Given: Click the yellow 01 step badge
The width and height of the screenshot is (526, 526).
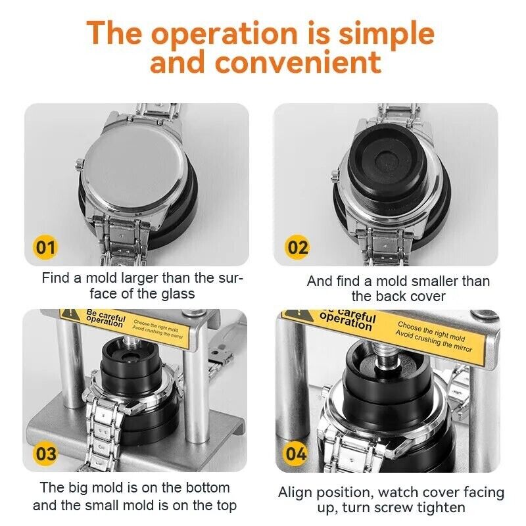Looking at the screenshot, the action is tap(45, 248).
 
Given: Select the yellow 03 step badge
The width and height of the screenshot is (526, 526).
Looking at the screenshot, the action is tap(45, 454).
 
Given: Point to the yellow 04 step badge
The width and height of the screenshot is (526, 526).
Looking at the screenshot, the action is tap(296, 454).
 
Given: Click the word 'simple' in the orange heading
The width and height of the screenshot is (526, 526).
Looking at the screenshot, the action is tap(387, 34).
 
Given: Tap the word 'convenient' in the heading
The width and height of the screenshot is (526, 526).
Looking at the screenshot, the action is tap(299, 62).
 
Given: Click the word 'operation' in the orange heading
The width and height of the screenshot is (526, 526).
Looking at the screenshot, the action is tap(224, 34).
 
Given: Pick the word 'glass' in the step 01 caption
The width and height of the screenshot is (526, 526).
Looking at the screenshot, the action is tap(178, 294).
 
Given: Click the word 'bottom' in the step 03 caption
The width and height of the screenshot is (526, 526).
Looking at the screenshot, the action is tap(208, 487).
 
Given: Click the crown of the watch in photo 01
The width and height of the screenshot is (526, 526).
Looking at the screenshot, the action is tap(80, 164).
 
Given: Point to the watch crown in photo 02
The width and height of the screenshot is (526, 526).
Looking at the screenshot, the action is tap(334, 176).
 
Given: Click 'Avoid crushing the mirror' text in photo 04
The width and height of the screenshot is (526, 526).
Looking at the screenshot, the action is tap(433, 341).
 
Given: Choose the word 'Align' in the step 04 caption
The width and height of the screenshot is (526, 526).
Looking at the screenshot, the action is tap(295, 492).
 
